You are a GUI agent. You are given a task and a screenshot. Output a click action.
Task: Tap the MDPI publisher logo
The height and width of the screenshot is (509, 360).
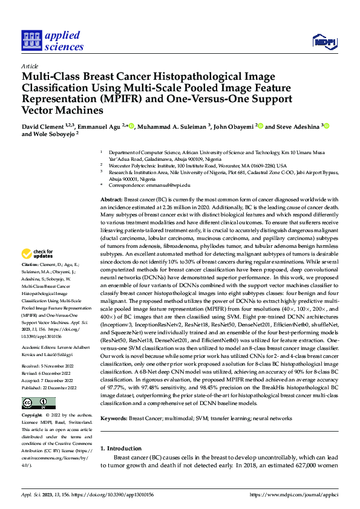[324, 41]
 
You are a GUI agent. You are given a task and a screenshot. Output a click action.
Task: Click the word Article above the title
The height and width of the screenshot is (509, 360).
[30, 66]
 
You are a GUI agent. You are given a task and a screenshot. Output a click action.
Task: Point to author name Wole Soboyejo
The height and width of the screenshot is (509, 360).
[48, 135]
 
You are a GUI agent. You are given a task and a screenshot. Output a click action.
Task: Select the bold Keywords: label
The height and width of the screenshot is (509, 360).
[114, 418]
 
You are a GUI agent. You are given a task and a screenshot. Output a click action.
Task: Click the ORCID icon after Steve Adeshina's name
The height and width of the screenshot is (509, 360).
[326, 126]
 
